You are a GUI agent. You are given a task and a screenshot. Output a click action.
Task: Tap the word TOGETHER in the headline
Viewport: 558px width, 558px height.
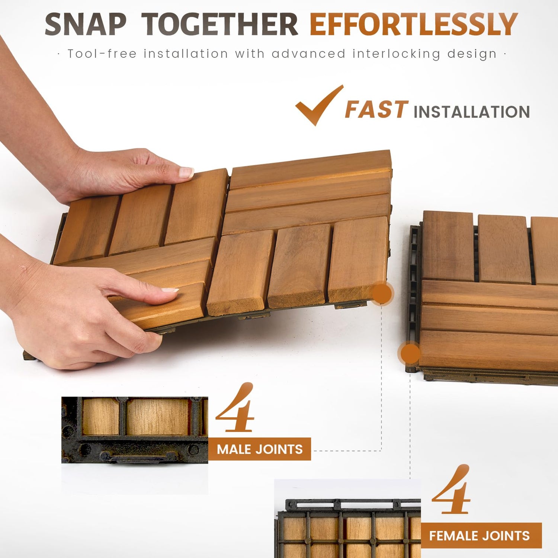pos(220,25)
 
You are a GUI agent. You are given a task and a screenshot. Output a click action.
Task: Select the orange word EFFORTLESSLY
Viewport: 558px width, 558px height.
pos(414,25)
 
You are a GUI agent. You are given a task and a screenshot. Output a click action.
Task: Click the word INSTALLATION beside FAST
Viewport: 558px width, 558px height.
pos(472,112)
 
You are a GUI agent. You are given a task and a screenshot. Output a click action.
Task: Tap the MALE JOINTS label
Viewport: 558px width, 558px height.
pos(260,449)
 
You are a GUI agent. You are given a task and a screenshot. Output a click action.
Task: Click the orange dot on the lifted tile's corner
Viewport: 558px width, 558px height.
pos(382,294)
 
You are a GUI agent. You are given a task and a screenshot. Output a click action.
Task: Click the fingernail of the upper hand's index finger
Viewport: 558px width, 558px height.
pos(186,172)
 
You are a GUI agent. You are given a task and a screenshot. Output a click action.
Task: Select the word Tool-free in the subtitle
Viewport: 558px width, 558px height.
pos(102,54)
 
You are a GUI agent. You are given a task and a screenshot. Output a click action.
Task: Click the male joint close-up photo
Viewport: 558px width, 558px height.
pos(135,430)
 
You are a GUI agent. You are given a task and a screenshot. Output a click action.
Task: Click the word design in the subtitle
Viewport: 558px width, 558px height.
pos(472,54)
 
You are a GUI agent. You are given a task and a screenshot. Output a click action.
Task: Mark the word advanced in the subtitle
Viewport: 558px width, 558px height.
pos(309,54)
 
